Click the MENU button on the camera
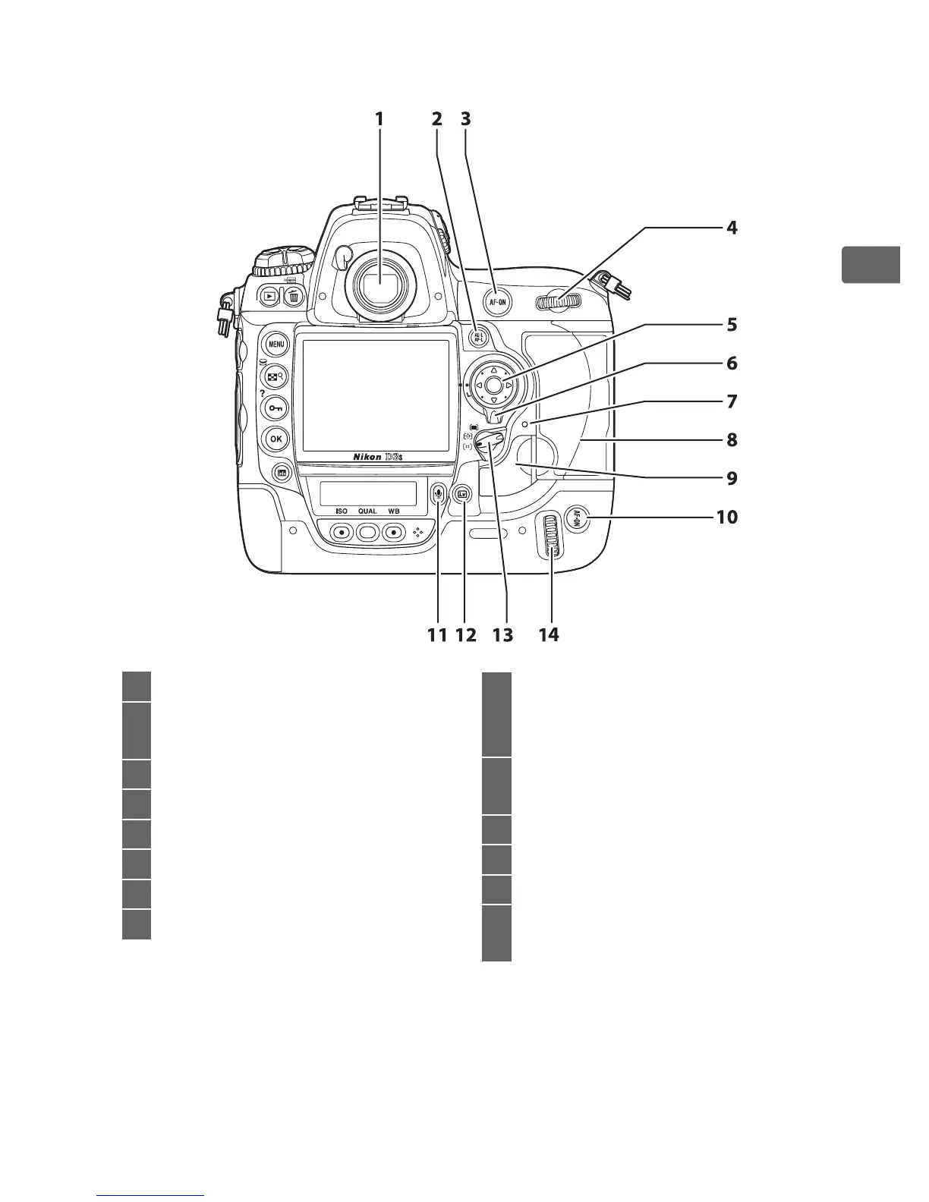[276, 344]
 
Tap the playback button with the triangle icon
[269, 296]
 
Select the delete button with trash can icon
[292, 296]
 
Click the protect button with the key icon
[276, 407]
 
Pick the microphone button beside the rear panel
[438, 492]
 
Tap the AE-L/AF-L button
[479, 336]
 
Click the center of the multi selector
[493, 385]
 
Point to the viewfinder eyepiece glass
[379, 285]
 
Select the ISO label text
[342, 511]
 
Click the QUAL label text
[367, 511]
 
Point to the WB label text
[393, 511]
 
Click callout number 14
[548, 634]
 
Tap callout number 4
[731, 227]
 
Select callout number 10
[727, 517]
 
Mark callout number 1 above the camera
[379, 119]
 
